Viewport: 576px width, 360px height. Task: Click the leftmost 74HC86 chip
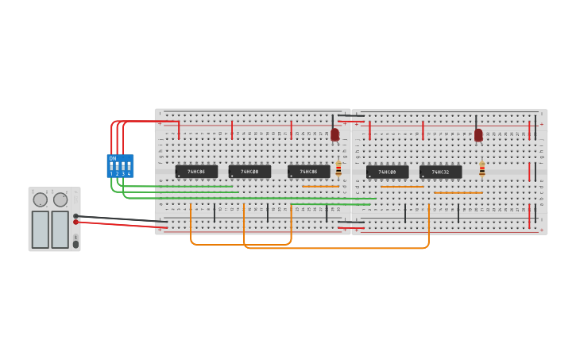[195, 172]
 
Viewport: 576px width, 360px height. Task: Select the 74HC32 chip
[440, 172]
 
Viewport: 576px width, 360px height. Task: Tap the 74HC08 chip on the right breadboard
[387, 172]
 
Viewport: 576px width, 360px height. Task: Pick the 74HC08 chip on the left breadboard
[249, 172]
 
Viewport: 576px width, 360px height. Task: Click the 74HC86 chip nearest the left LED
[308, 172]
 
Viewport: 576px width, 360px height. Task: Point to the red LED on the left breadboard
[334, 134]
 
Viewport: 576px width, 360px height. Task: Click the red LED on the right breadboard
[478, 134]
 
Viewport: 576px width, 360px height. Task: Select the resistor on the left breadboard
[338, 168]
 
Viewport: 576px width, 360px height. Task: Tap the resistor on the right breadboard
[481, 168]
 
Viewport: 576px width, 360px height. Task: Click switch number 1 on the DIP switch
[111, 168]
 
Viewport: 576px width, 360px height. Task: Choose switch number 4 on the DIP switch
[129, 168]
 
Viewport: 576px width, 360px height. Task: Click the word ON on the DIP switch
[113, 159]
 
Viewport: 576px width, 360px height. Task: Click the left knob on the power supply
[40, 199]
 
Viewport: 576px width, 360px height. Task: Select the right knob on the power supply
[60, 199]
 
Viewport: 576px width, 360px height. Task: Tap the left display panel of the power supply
[40, 229]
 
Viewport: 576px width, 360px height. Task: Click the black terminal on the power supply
[75, 216]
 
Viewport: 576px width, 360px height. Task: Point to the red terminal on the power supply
[75, 223]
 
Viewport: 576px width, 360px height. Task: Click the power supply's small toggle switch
[75, 242]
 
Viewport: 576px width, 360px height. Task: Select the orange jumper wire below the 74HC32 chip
[458, 193]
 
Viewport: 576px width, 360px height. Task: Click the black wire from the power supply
[119, 219]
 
